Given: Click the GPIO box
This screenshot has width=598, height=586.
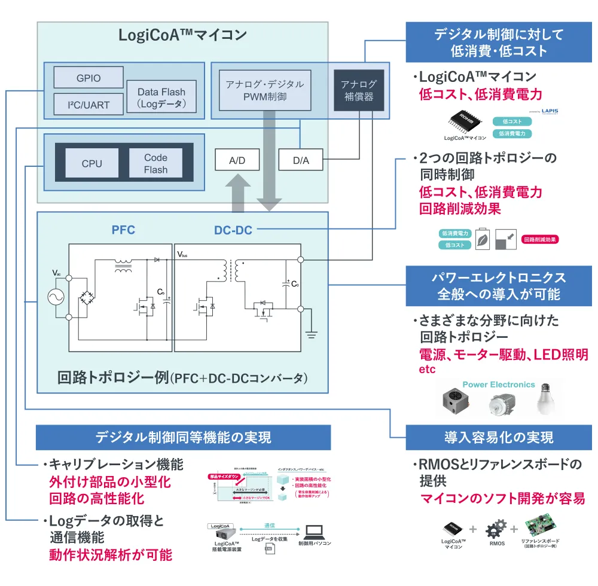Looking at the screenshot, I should point(89,78).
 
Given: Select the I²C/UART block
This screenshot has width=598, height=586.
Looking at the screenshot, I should point(89,105).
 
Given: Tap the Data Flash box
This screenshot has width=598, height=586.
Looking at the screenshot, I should point(161,97).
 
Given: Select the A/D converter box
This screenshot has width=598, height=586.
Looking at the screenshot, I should point(237,160).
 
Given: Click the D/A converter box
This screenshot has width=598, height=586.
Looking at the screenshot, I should point(301,160).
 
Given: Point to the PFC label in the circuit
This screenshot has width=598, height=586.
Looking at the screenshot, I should point(123,230).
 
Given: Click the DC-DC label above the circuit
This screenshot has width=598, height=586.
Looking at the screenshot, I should point(233,230).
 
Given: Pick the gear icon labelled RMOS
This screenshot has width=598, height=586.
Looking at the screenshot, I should point(496,529).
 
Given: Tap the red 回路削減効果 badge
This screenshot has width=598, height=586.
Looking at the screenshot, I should point(541,239).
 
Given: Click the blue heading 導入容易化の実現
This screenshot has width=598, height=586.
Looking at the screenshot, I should point(498,437).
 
